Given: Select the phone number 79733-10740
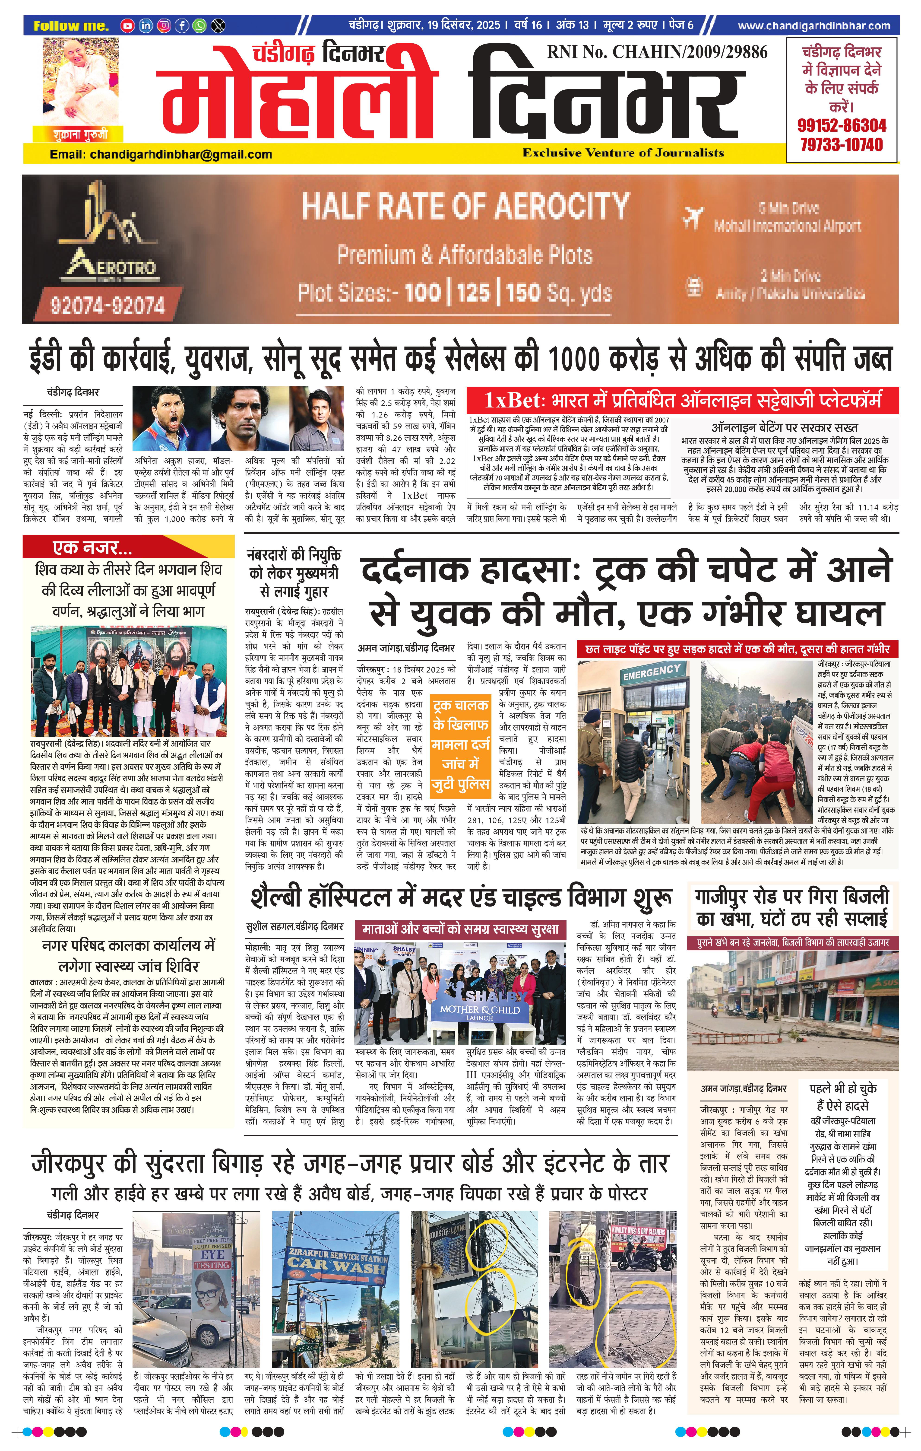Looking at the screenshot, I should click(x=842, y=145).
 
